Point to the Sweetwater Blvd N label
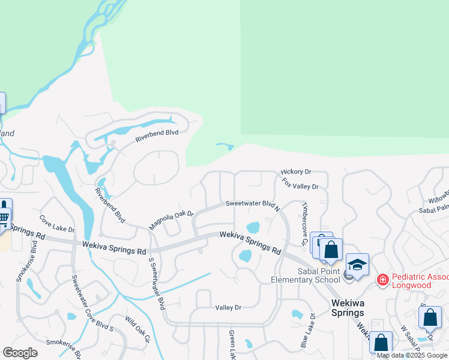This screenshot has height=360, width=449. click(252, 205)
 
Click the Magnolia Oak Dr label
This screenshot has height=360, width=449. click(172, 220)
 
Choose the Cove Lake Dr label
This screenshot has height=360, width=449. click(57, 224)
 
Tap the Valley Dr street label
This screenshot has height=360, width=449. click(228, 307)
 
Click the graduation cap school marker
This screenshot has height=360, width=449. click(357, 265)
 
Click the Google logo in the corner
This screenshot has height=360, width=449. click(20, 353)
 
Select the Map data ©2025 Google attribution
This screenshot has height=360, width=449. click(412, 355)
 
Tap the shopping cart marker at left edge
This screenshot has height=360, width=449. click(4, 217)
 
